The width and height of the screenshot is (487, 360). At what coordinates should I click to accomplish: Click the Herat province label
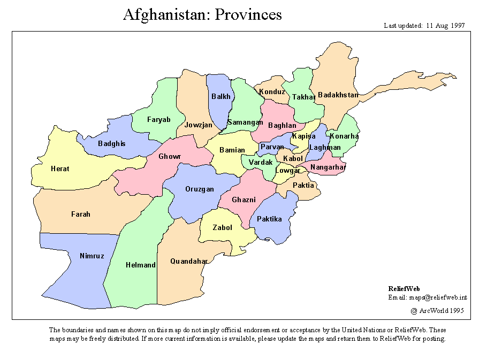[x=60, y=169]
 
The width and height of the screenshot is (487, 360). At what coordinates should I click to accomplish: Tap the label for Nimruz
[x=92, y=256]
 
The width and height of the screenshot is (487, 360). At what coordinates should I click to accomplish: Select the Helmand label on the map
[x=141, y=265]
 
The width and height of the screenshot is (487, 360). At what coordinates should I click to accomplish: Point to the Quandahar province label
[x=189, y=262]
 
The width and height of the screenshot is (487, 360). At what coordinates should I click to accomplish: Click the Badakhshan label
[x=338, y=95]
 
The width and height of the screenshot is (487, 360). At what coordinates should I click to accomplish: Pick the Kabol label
[x=293, y=159]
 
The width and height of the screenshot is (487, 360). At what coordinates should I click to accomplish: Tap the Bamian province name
[x=232, y=150]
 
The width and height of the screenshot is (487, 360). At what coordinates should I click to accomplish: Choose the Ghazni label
[x=243, y=200]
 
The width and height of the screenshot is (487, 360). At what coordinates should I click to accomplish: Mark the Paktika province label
[x=269, y=219]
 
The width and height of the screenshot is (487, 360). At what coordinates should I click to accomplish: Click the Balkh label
[x=221, y=97]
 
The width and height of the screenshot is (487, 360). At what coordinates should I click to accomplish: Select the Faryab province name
[x=158, y=120]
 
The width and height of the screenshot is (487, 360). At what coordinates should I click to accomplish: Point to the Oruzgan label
[x=199, y=189]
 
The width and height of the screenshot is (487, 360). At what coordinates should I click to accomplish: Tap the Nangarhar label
[x=328, y=167]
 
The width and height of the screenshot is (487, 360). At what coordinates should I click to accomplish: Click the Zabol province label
[x=222, y=228]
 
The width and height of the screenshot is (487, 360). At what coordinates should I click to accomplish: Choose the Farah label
[x=81, y=215]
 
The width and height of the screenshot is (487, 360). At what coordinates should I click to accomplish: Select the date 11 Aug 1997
[x=445, y=25]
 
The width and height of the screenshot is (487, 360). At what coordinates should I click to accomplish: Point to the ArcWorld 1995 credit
[x=437, y=310]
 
